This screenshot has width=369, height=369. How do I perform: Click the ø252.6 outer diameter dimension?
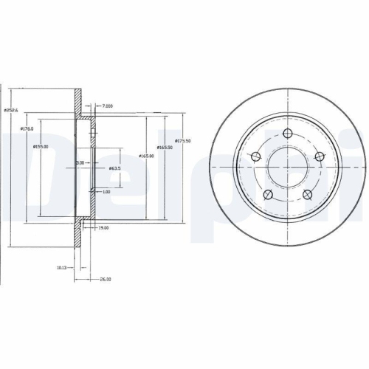pyautogui.click(x=10, y=110)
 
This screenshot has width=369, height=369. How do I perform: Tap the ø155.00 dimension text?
pyautogui.click(x=41, y=146)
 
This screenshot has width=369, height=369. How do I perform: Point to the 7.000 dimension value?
pyautogui.click(x=108, y=106)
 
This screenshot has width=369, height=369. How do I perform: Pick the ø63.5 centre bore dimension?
pyautogui.click(x=114, y=169)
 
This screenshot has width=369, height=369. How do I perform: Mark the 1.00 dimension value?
pyautogui.click(x=106, y=193)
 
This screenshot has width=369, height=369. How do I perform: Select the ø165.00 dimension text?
pyautogui.click(x=146, y=155)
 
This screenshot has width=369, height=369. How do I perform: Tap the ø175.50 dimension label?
pyautogui.click(x=183, y=141)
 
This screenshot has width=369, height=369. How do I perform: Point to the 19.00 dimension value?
pyautogui.click(x=104, y=228)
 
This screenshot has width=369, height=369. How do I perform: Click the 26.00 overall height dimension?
pyautogui.click(x=105, y=279)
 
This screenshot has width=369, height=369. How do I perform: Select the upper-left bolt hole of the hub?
pyautogui.click(x=255, y=156)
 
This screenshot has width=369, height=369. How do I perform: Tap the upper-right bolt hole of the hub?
pyautogui.click(x=318, y=156)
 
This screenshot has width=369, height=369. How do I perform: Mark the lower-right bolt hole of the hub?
pyautogui.click(x=306, y=194)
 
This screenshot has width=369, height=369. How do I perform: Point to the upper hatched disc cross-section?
pyautogui.click(x=78, y=100)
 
